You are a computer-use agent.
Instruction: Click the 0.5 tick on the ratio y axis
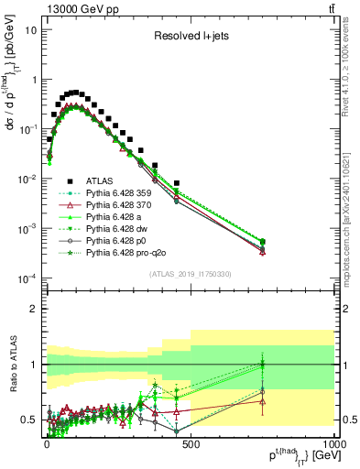(x=28, y=420)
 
